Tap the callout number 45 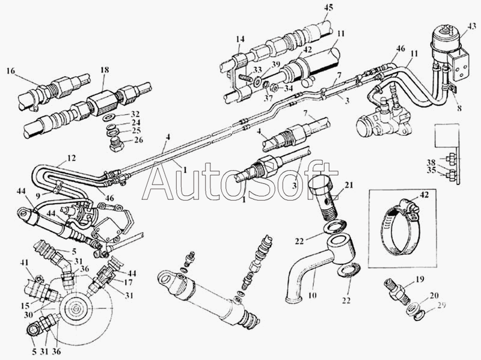[x=328, y=7]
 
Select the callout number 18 [x=105, y=70]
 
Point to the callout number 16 [x=11, y=71]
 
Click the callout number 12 [x=71, y=158]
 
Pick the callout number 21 [x=349, y=185]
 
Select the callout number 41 [x=25, y=263]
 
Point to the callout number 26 [x=139, y=140]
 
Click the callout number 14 [x=240, y=39]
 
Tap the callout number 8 [x=459, y=108]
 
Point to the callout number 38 [x=432, y=162]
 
